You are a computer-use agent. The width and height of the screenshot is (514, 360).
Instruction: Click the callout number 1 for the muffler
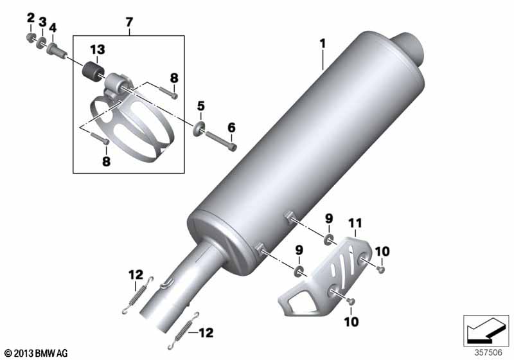click(x=323, y=44)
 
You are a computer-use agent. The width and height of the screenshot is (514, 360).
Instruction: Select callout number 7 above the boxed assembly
click(x=130, y=22)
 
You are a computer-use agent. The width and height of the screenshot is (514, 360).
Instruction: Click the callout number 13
click(x=98, y=50)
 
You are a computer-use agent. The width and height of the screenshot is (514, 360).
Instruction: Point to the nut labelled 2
click(x=31, y=38)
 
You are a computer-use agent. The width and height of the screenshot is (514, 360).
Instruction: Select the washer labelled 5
click(x=200, y=128)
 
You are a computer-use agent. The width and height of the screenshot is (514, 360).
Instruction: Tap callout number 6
click(x=231, y=127)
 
